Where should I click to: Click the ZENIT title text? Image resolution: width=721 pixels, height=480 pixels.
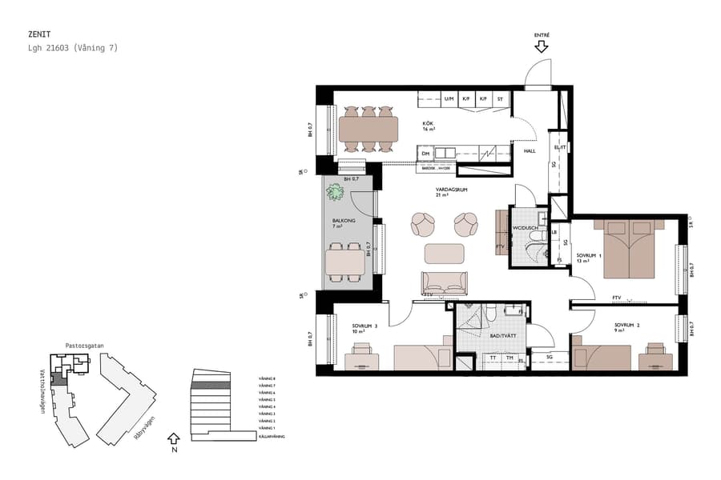click(x=38, y=35)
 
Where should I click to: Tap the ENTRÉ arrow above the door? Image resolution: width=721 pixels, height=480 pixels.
click(x=542, y=46)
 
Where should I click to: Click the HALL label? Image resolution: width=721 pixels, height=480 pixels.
click(x=530, y=150)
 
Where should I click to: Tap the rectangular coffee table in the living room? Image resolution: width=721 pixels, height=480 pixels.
click(x=445, y=253)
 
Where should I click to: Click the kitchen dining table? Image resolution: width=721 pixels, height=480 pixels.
click(x=369, y=128)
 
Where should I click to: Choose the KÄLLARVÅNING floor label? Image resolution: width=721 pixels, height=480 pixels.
click(x=271, y=436)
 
